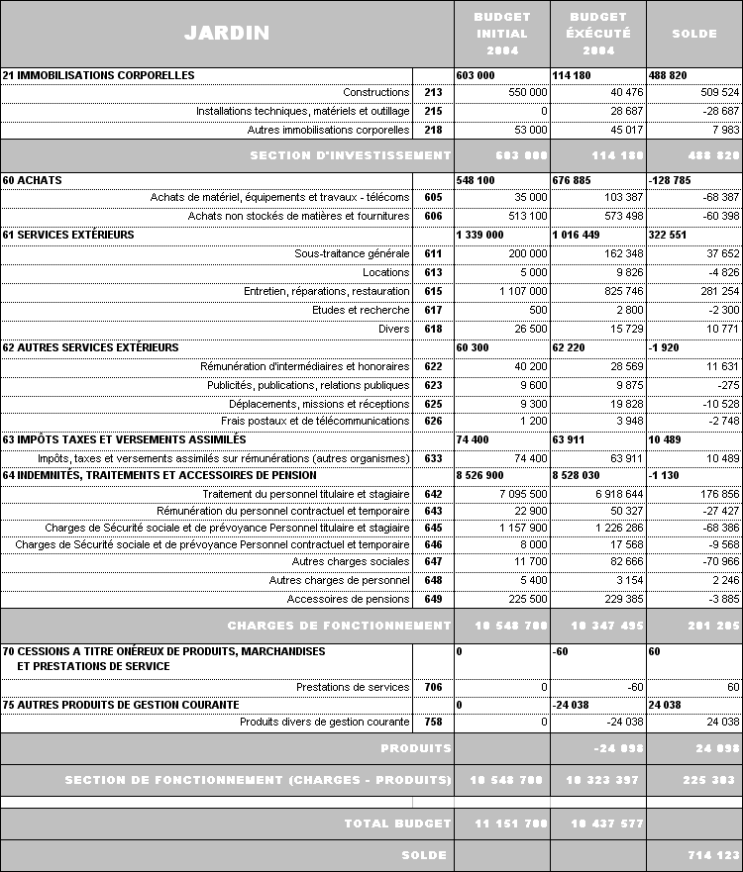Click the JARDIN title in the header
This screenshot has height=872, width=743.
[226, 33]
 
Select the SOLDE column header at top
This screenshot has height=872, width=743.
[693, 33]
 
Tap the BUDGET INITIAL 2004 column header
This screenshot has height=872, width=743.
[501, 33]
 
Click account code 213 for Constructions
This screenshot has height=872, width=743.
[433, 92]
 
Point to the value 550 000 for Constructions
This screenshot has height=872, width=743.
[525, 92]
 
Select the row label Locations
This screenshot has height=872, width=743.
[385, 272]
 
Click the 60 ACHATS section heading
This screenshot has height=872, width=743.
[33, 181]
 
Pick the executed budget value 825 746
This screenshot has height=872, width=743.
[615, 292]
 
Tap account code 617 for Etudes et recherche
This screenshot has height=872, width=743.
[433, 310]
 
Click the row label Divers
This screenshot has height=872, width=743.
[393, 329]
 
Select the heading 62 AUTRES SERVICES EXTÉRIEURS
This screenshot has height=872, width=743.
[91, 347]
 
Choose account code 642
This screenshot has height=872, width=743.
[433, 494]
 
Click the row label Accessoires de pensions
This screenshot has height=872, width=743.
[348, 599]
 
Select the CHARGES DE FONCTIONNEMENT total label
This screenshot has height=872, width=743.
[339, 626]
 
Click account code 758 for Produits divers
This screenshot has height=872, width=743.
[433, 723]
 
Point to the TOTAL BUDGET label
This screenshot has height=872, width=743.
[397, 824]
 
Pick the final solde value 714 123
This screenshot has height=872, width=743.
[713, 855]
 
